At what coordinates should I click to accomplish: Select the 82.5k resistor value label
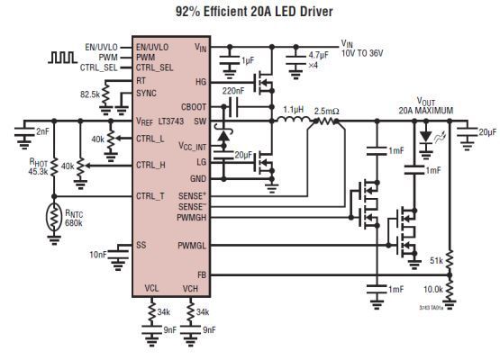coord(89,94)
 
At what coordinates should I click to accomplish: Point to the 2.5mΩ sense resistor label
coord(325,112)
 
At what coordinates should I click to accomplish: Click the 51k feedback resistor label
coord(435,260)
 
